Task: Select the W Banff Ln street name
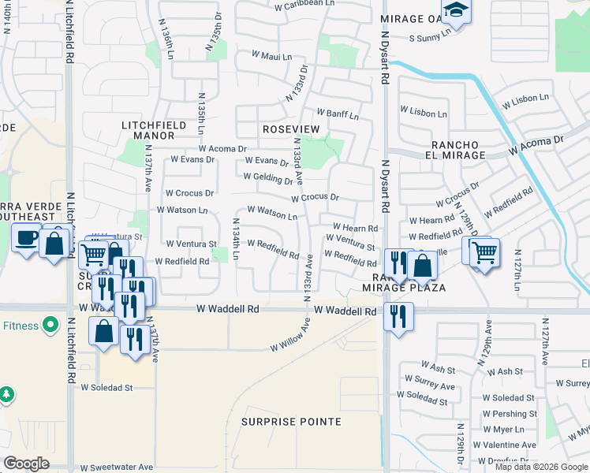tap(338, 115)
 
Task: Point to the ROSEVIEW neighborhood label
tap(291, 128)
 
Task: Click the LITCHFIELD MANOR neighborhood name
tap(154, 130)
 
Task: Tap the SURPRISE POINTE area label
tap(292, 422)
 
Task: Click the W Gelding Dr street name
tap(268, 180)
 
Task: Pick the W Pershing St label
tap(509, 414)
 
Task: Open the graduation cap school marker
tap(456, 11)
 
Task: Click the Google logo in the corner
tap(27, 464)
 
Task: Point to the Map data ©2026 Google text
tap(541, 467)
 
